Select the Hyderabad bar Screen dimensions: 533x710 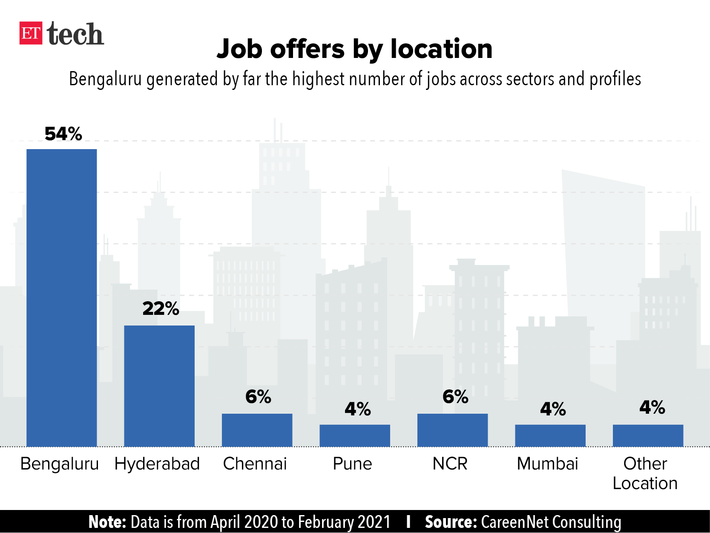pos(159,386)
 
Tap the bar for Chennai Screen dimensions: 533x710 pos(257,430)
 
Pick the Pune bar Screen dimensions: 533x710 pos(355,435)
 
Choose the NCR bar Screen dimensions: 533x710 pos(452,430)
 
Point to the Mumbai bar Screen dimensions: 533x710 pos(550,435)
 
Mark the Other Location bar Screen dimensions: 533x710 pos(648,435)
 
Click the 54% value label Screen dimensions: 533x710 pos(63,134)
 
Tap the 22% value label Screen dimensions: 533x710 pos(161,308)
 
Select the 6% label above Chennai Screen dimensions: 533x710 pos(258,397)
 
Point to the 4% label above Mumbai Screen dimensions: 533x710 pos(553,409)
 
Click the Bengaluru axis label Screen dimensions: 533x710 pos(60,464)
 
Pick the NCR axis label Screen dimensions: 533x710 pos(450,464)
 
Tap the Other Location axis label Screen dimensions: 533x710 pos(645,473)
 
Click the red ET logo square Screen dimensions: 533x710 pos(31,33)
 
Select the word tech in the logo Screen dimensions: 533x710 pos(75,34)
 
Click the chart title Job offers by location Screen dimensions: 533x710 pos(354,49)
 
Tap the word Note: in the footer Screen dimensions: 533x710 pos(107,522)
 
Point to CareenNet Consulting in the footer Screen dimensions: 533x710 pos(551,522)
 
